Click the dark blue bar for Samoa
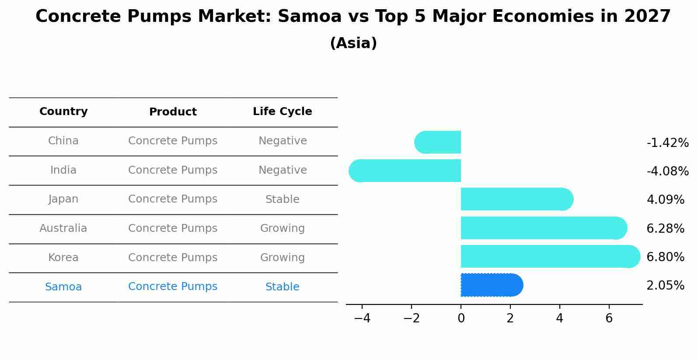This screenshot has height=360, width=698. pyautogui.click(x=492, y=285)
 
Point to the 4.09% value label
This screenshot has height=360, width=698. pyautogui.click(x=665, y=200)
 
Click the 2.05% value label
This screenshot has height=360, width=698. pyautogui.click(x=665, y=286)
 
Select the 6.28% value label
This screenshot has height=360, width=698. pyautogui.click(x=665, y=228)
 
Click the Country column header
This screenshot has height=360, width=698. pyautogui.click(x=63, y=112)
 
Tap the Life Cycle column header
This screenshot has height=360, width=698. pyautogui.click(x=282, y=112)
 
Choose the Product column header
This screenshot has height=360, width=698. pyautogui.click(x=173, y=112)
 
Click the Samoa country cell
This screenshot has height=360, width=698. pyautogui.click(x=63, y=287)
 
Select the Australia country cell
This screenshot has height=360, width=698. pyautogui.click(x=63, y=228)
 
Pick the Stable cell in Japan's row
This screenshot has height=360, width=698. pyautogui.click(x=282, y=199)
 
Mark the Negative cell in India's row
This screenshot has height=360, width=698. pyautogui.click(x=282, y=170)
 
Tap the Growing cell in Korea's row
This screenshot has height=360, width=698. pyautogui.click(x=282, y=258)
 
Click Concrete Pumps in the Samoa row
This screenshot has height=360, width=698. pyautogui.click(x=173, y=287)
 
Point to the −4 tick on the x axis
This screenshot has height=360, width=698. pyautogui.click(x=362, y=318)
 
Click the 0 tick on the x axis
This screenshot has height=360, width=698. pyautogui.click(x=461, y=318)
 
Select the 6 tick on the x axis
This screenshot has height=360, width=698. pyautogui.click(x=609, y=318)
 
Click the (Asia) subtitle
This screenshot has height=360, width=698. pyautogui.click(x=353, y=43)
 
